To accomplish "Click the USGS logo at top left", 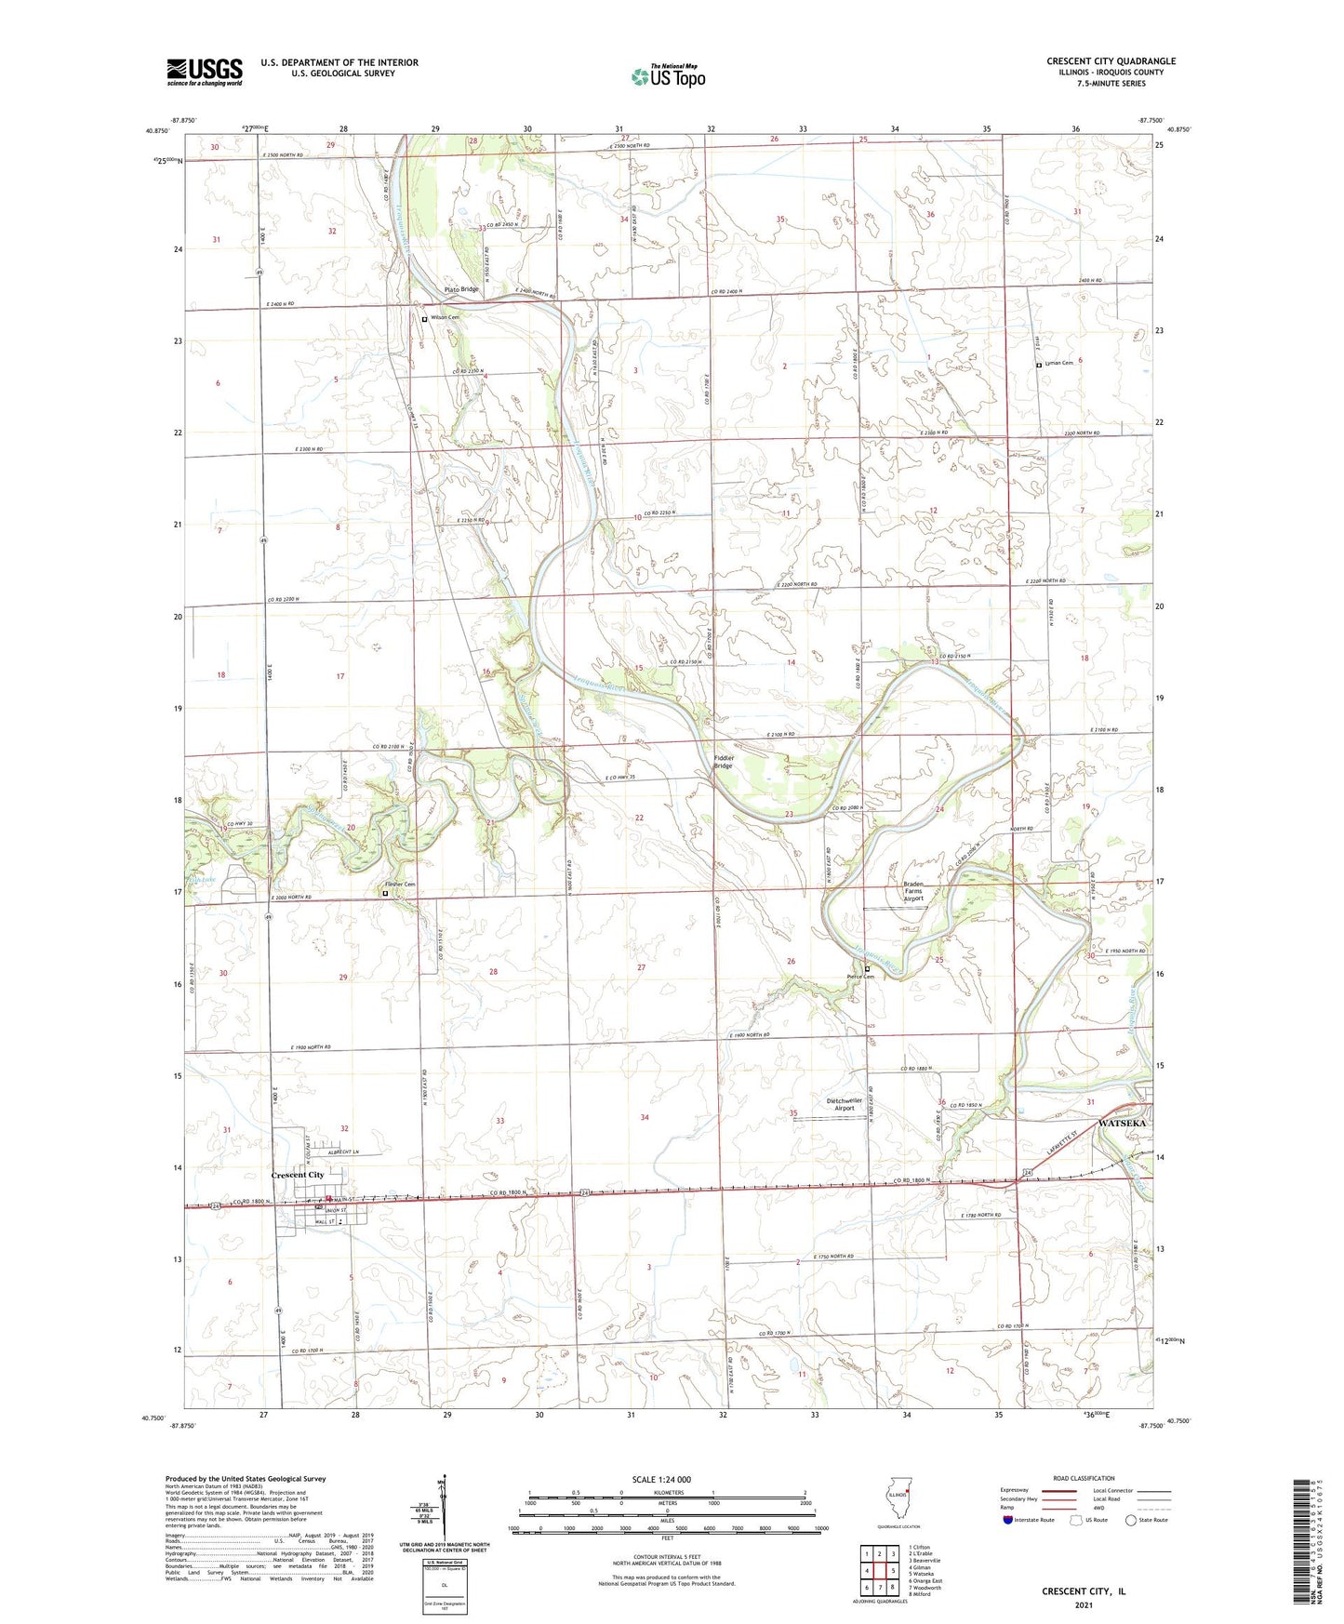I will pos(204,72).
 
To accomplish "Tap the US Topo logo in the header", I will pos(667,75).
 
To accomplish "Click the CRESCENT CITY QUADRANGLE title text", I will pos(1111,61).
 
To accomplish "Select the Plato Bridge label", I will pos(460,289).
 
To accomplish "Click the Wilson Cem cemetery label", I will pos(443,318).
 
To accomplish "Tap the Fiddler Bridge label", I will pos(724,762).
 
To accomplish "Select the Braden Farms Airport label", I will pos(914,892).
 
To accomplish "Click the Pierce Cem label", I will pos(860,977).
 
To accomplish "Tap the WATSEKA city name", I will pos(1123,1123).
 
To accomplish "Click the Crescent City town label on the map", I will pos(298,1175).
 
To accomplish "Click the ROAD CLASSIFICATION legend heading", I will pos(1083,1478).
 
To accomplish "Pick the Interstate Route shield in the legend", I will pos(1008,1520).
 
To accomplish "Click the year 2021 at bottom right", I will pos(1083,1604).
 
